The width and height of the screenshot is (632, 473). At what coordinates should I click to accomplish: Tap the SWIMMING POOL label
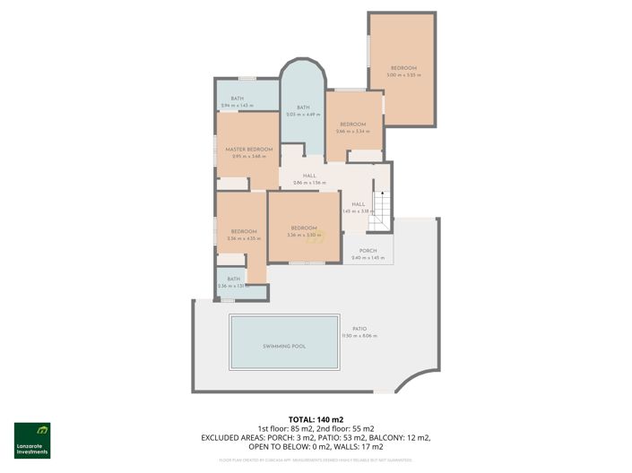pyautogui.click(x=284, y=346)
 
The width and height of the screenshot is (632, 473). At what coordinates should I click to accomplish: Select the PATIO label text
pyautogui.click(x=359, y=329)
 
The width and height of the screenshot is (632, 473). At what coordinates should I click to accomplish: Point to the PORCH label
pyautogui.click(x=367, y=251)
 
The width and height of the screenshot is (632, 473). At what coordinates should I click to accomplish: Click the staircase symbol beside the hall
pyautogui.click(x=383, y=211)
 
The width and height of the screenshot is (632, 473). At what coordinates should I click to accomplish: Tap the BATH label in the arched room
pyautogui.click(x=303, y=107)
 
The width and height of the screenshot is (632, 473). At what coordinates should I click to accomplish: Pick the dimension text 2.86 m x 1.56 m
pyautogui.click(x=309, y=183)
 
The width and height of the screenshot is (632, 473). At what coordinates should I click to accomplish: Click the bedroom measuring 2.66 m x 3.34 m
pyautogui.click(x=352, y=131)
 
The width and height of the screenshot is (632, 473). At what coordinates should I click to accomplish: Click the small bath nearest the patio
pyautogui.click(x=234, y=283)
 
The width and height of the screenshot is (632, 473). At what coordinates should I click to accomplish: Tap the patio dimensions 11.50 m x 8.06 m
pyautogui.click(x=359, y=336)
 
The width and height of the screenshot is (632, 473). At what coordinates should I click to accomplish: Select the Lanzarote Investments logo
pyautogui.click(x=31, y=439)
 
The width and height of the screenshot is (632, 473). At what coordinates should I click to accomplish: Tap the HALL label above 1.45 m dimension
pyautogui.click(x=358, y=204)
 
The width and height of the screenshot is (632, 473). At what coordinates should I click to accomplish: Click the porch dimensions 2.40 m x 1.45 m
pyautogui.click(x=367, y=258)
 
